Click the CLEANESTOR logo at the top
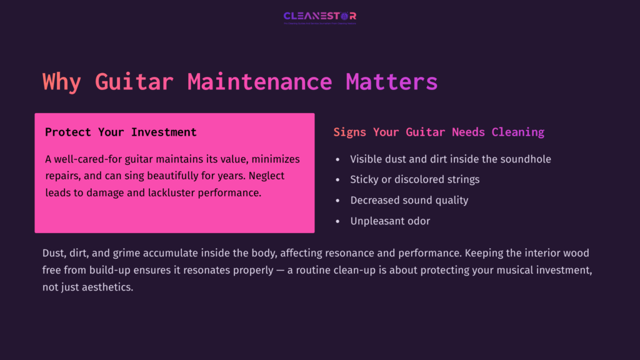(x=319, y=16)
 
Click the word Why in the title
(x=61, y=82)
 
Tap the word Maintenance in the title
(x=259, y=82)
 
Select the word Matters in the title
(x=391, y=82)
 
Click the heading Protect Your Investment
(x=121, y=132)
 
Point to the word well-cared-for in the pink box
(x=88, y=159)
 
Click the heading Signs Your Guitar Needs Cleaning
(x=439, y=132)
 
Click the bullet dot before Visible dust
(x=337, y=159)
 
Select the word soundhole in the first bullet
(x=526, y=159)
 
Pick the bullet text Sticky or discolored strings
(x=414, y=179)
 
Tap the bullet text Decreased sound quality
(x=409, y=200)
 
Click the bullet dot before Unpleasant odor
(x=337, y=221)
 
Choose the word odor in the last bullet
(x=417, y=221)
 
